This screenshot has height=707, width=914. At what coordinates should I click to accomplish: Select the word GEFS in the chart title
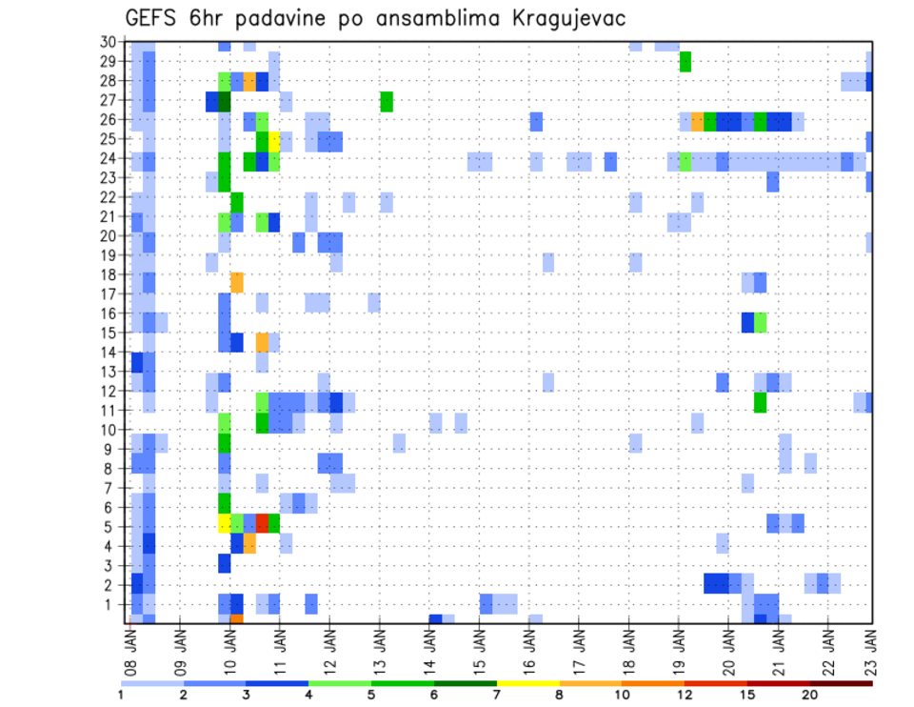(x=156, y=18)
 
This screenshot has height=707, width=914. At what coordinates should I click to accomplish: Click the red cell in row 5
(x=262, y=522)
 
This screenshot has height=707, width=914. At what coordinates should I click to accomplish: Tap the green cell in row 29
(x=685, y=62)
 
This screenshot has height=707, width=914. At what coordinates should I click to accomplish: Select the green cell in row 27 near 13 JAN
(x=387, y=101)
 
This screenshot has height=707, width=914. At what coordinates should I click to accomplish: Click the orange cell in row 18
(x=237, y=282)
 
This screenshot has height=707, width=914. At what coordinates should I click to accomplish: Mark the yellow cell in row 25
(x=274, y=140)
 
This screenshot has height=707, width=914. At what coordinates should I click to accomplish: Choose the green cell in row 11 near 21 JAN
(x=760, y=402)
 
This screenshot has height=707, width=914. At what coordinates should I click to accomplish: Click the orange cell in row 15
(x=262, y=342)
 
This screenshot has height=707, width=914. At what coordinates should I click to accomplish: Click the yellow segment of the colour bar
(x=527, y=683)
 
